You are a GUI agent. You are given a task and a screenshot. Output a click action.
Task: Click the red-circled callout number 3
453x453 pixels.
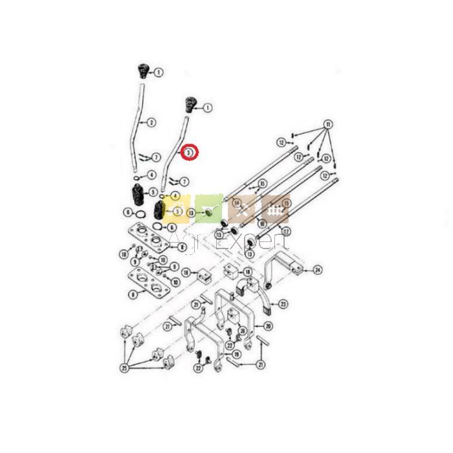pyautogui.click(x=189, y=153)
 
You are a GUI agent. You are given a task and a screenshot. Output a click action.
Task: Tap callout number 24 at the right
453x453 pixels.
pyautogui.click(x=317, y=269)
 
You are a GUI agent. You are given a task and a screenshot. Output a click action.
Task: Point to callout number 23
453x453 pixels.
pyautogui.click(x=283, y=303)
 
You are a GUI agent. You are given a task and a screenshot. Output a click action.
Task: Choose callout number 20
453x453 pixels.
pyautogui.click(x=269, y=326)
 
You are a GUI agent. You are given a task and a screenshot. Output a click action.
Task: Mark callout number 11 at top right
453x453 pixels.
pyautogui.click(x=328, y=123)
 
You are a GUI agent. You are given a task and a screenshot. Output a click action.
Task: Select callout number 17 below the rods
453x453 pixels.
pyautogui.click(x=286, y=231)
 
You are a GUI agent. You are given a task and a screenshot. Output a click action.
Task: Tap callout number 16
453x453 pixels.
pyautogui.click(x=261, y=184)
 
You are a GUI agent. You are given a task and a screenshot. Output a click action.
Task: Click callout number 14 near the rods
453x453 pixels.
pyautogui.click(x=237, y=203)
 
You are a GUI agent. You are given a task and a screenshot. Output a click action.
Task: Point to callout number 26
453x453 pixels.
pyautogui.click(x=241, y=331)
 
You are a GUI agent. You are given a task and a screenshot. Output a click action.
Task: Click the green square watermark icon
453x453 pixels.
pyautogui.click(x=209, y=209)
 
